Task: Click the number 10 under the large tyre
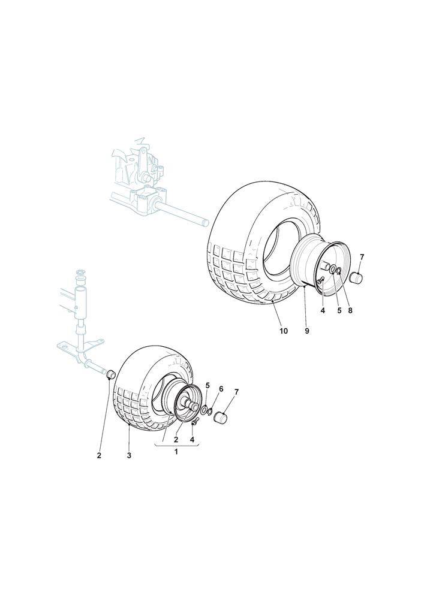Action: tap(283, 331)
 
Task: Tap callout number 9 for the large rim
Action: tap(306, 331)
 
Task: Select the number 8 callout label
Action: tap(350, 310)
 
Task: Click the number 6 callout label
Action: tap(221, 389)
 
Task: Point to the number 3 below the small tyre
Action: tap(129, 456)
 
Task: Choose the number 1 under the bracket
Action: tap(176, 452)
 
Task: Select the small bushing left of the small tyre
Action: tap(110, 374)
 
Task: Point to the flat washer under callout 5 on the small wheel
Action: tap(205, 410)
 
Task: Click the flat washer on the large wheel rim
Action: tap(333, 270)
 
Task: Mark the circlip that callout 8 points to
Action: tap(338, 271)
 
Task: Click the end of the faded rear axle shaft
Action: tap(206, 222)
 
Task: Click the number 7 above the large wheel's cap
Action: tap(362, 257)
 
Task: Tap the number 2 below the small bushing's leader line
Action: tap(99, 456)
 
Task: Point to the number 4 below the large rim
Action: tap(322, 310)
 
